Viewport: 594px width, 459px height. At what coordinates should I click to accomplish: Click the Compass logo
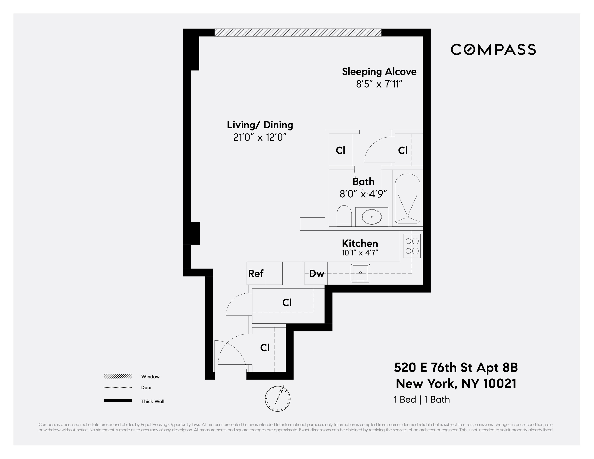coord(493,50)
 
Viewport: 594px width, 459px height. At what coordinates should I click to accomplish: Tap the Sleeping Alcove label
coord(379,72)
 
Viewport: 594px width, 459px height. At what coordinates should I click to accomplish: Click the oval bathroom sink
coord(371,217)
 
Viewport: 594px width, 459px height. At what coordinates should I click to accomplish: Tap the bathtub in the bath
coord(407,198)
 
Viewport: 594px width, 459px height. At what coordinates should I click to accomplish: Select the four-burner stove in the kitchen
coord(412,246)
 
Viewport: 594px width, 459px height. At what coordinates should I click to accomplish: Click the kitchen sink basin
coord(360,273)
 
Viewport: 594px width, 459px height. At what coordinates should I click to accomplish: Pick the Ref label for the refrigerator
coord(256,273)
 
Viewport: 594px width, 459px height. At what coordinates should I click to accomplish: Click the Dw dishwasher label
coord(317,273)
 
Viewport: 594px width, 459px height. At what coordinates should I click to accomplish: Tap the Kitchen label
coord(360,243)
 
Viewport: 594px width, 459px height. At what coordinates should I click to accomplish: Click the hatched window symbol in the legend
coord(118,376)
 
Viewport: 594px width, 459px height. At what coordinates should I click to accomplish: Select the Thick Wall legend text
coord(153,401)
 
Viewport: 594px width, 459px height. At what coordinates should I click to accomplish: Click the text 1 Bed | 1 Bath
coord(422,399)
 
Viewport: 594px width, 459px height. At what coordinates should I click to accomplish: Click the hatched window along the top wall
coord(298,32)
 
